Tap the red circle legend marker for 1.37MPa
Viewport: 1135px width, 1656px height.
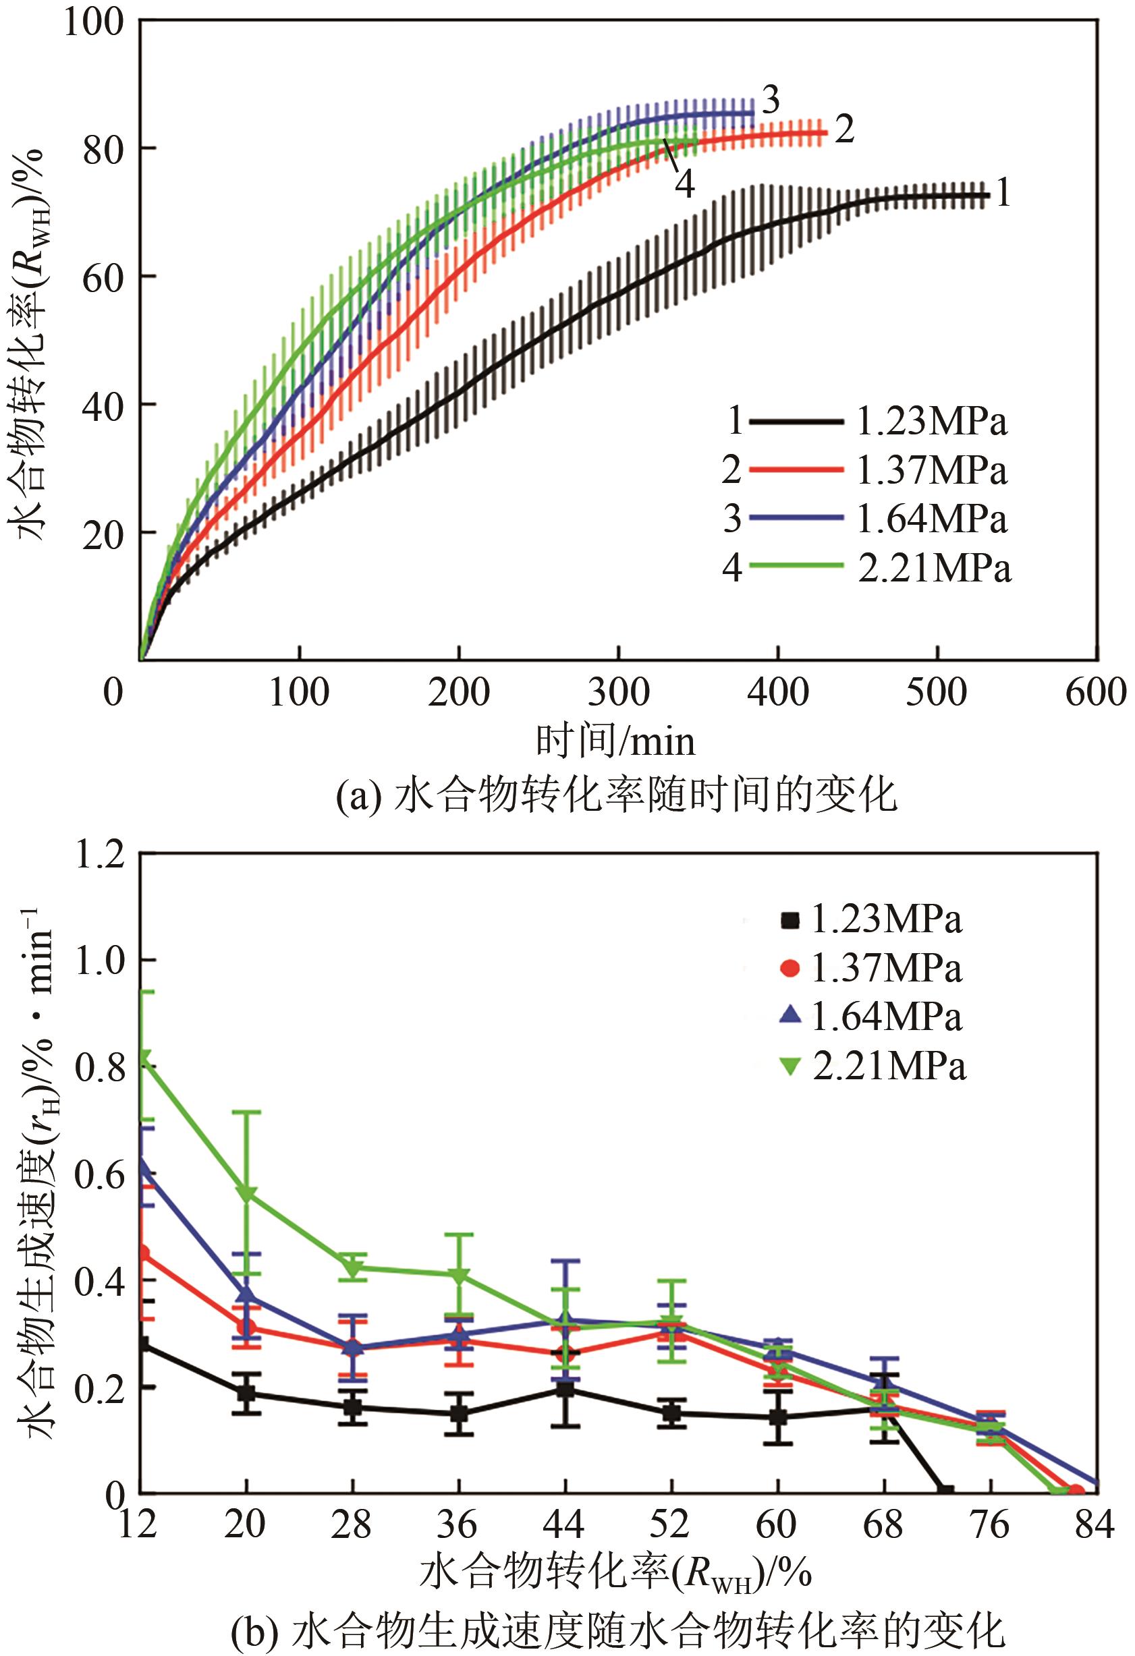click(x=790, y=969)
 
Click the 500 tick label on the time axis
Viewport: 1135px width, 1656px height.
click(x=936, y=691)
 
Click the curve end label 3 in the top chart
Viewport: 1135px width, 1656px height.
click(x=771, y=100)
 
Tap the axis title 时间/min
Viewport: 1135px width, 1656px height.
click(x=615, y=741)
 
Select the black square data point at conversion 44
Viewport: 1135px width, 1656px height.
click(x=565, y=1389)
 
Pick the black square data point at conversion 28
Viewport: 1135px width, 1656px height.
click(x=352, y=1407)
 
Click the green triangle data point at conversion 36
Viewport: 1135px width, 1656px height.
click(x=458, y=1276)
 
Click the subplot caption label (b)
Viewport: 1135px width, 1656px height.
click(x=254, y=1627)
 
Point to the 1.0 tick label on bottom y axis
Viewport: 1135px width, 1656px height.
click(x=99, y=960)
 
